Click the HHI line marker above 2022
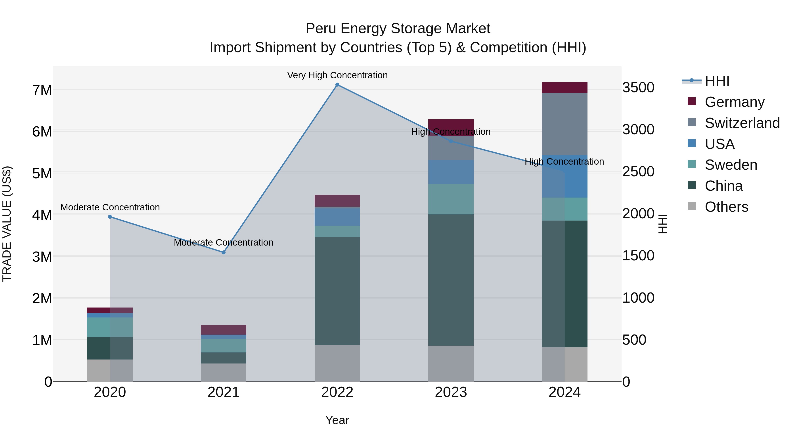337,85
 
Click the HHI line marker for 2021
223,252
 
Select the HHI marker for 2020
110,217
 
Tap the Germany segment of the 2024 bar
564,87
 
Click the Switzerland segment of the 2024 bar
564,124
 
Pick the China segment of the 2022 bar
337,291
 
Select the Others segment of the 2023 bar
451,363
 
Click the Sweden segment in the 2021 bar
223,345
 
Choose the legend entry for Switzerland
742,123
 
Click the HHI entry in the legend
717,81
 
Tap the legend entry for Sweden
731,165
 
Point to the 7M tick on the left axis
42,90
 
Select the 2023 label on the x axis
451,392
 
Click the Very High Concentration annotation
337,75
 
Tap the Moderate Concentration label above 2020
110,207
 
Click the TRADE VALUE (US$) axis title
7,224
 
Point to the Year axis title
337,420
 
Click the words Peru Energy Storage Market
398,29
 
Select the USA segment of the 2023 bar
451,172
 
